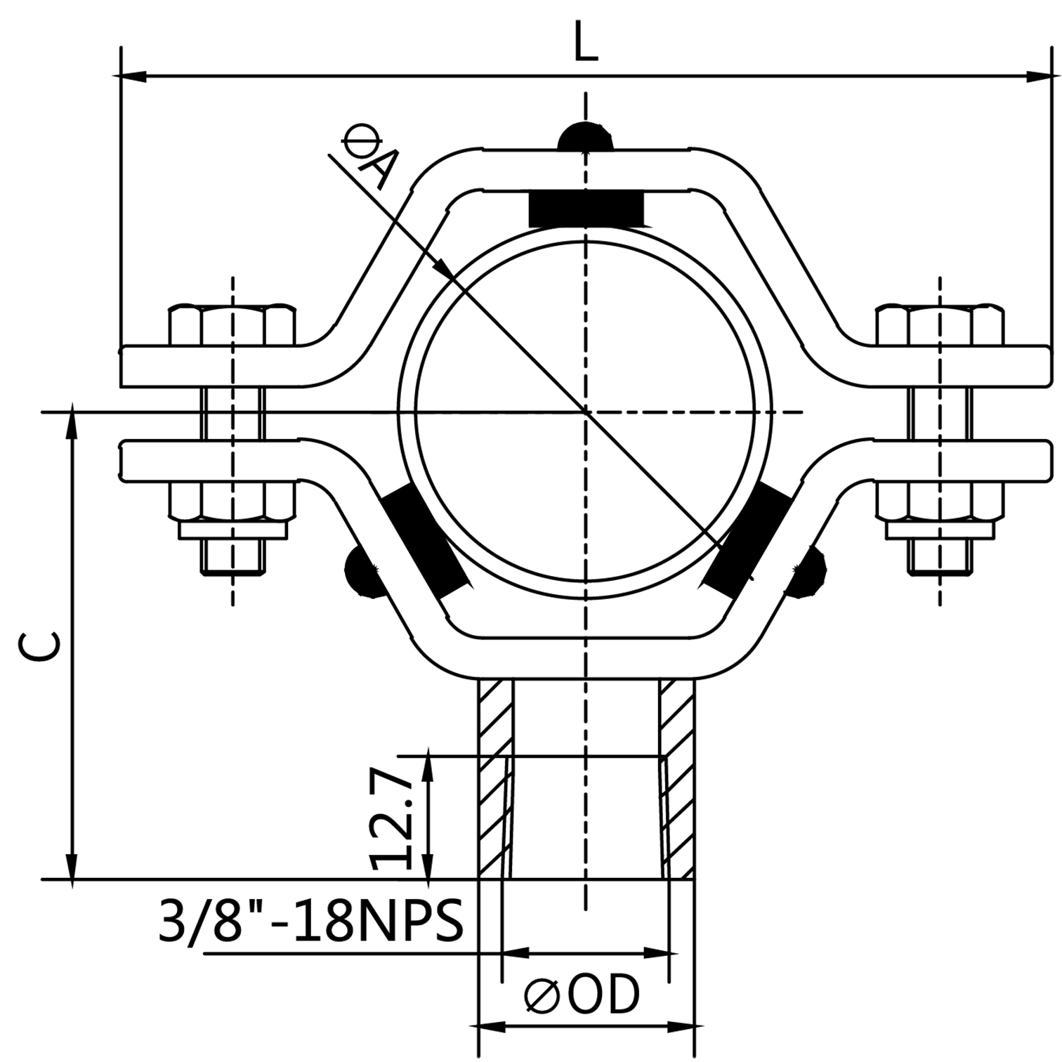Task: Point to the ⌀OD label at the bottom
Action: coord(583,995)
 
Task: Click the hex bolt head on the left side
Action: coord(232,325)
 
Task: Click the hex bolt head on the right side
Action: coord(940,325)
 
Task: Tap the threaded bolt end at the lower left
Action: coord(233,557)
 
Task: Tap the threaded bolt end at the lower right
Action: coord(940,557)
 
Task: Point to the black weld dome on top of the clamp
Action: coord(584,136)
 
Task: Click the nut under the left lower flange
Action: coord(232,501)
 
